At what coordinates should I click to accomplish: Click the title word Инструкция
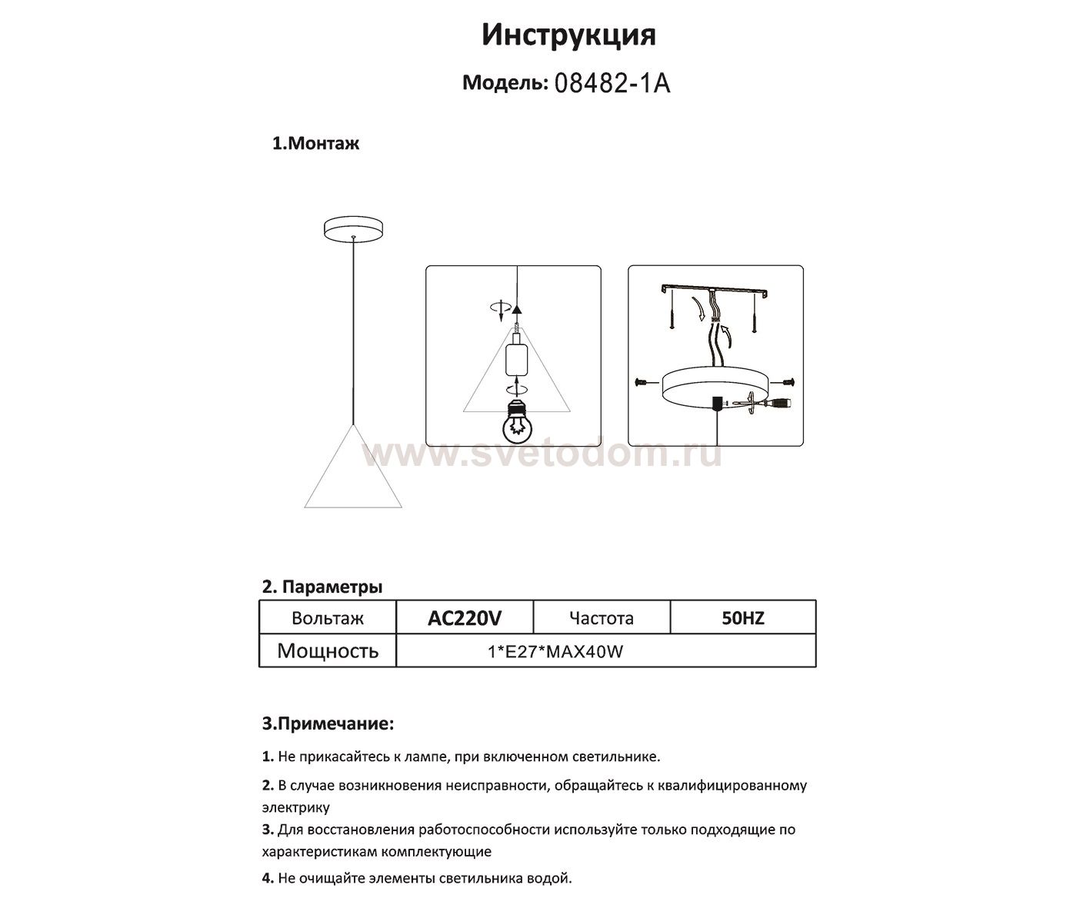[568, 35]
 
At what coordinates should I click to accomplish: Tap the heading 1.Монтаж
[315, 144]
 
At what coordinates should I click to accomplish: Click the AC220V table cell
[464, 617]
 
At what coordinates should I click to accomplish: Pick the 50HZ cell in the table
[742, 617]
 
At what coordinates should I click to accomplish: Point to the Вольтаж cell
[328, 618]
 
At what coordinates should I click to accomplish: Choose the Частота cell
[602, 618]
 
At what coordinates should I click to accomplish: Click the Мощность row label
[328, 651]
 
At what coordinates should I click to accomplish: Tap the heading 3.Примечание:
[328, 724]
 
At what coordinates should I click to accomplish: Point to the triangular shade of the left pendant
[353, 477]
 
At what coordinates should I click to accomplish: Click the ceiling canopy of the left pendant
[353, 229]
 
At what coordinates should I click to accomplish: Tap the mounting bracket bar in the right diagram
[715, 290]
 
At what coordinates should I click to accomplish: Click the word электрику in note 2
[296, 808]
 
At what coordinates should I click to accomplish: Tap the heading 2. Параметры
[322, 587]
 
